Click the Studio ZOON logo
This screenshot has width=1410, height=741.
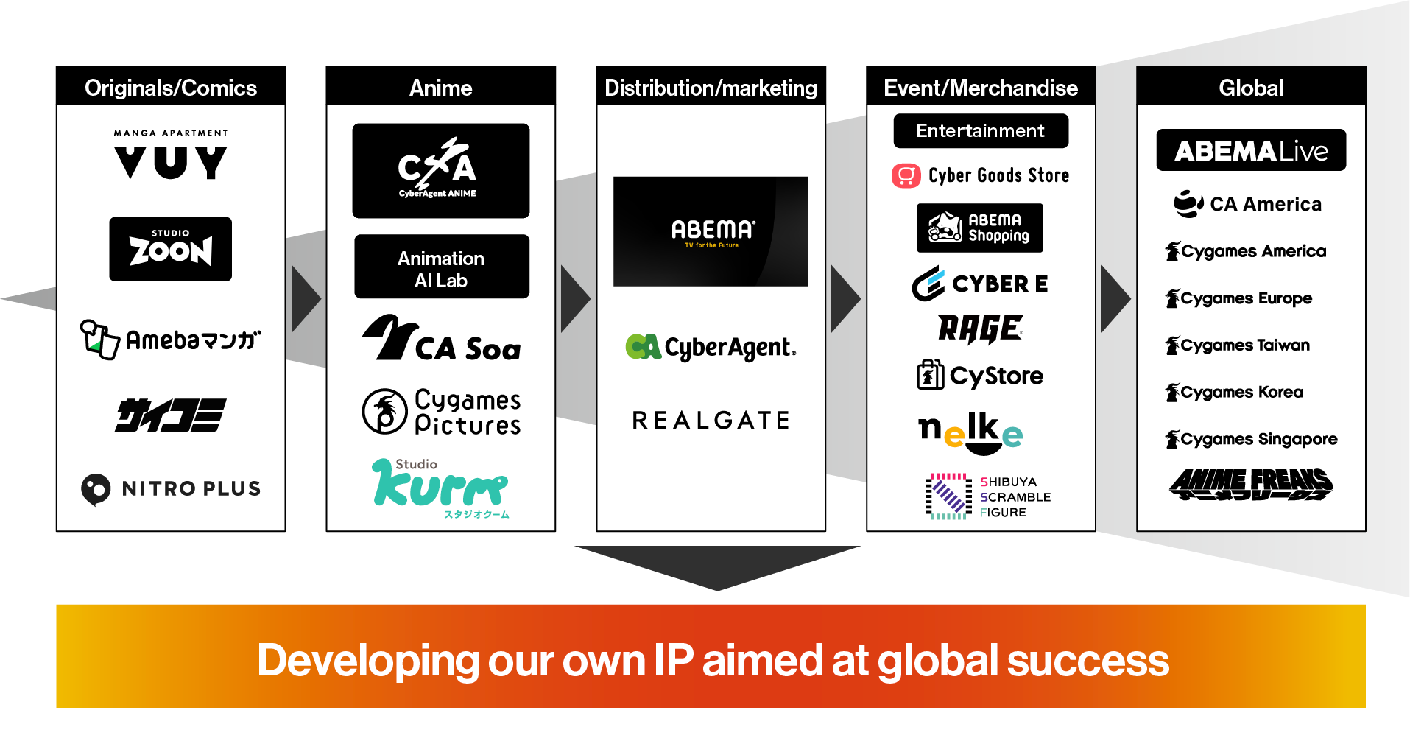(x=170, y=249)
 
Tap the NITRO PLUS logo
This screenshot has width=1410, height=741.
(x=171, y=488)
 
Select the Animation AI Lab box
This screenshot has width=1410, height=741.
(x=441, y=267)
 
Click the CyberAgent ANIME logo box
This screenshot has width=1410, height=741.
(x=440, y=171)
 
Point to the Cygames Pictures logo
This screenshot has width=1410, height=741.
(x=441, y=412)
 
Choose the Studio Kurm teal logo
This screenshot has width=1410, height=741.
(x=440, y=486)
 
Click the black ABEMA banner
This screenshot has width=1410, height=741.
(x=711, y=231)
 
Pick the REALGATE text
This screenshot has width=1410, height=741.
(x=711, y=421)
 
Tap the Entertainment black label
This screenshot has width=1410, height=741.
(x=980, y=131)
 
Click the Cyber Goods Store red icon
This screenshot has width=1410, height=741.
(x=906, y=176)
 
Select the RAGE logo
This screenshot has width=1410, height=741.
(x=980, y=329)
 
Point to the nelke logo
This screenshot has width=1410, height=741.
(x=970, y=433)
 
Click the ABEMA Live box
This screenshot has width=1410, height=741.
(x=1251, y=150)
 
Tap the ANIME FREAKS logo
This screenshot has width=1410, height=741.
(x=1251, y=484)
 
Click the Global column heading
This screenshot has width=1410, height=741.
(x=1251, y=88)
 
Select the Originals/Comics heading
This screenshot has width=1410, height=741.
(x=171, y=88)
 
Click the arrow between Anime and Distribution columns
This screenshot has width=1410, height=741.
(x=575, y=299)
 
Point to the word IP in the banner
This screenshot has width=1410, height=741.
(x=673, y=660)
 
